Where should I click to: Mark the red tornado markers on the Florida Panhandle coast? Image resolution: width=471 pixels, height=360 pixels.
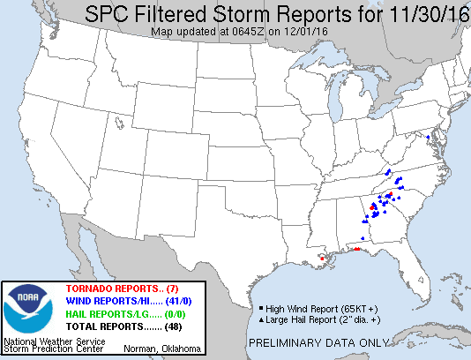tap(356, 250)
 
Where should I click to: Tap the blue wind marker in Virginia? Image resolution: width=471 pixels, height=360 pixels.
tap(428, 137)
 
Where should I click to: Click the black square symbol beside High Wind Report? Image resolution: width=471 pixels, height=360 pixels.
tap(261, 309)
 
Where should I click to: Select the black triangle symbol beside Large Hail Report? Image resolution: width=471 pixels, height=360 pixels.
tap(261, 319)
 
